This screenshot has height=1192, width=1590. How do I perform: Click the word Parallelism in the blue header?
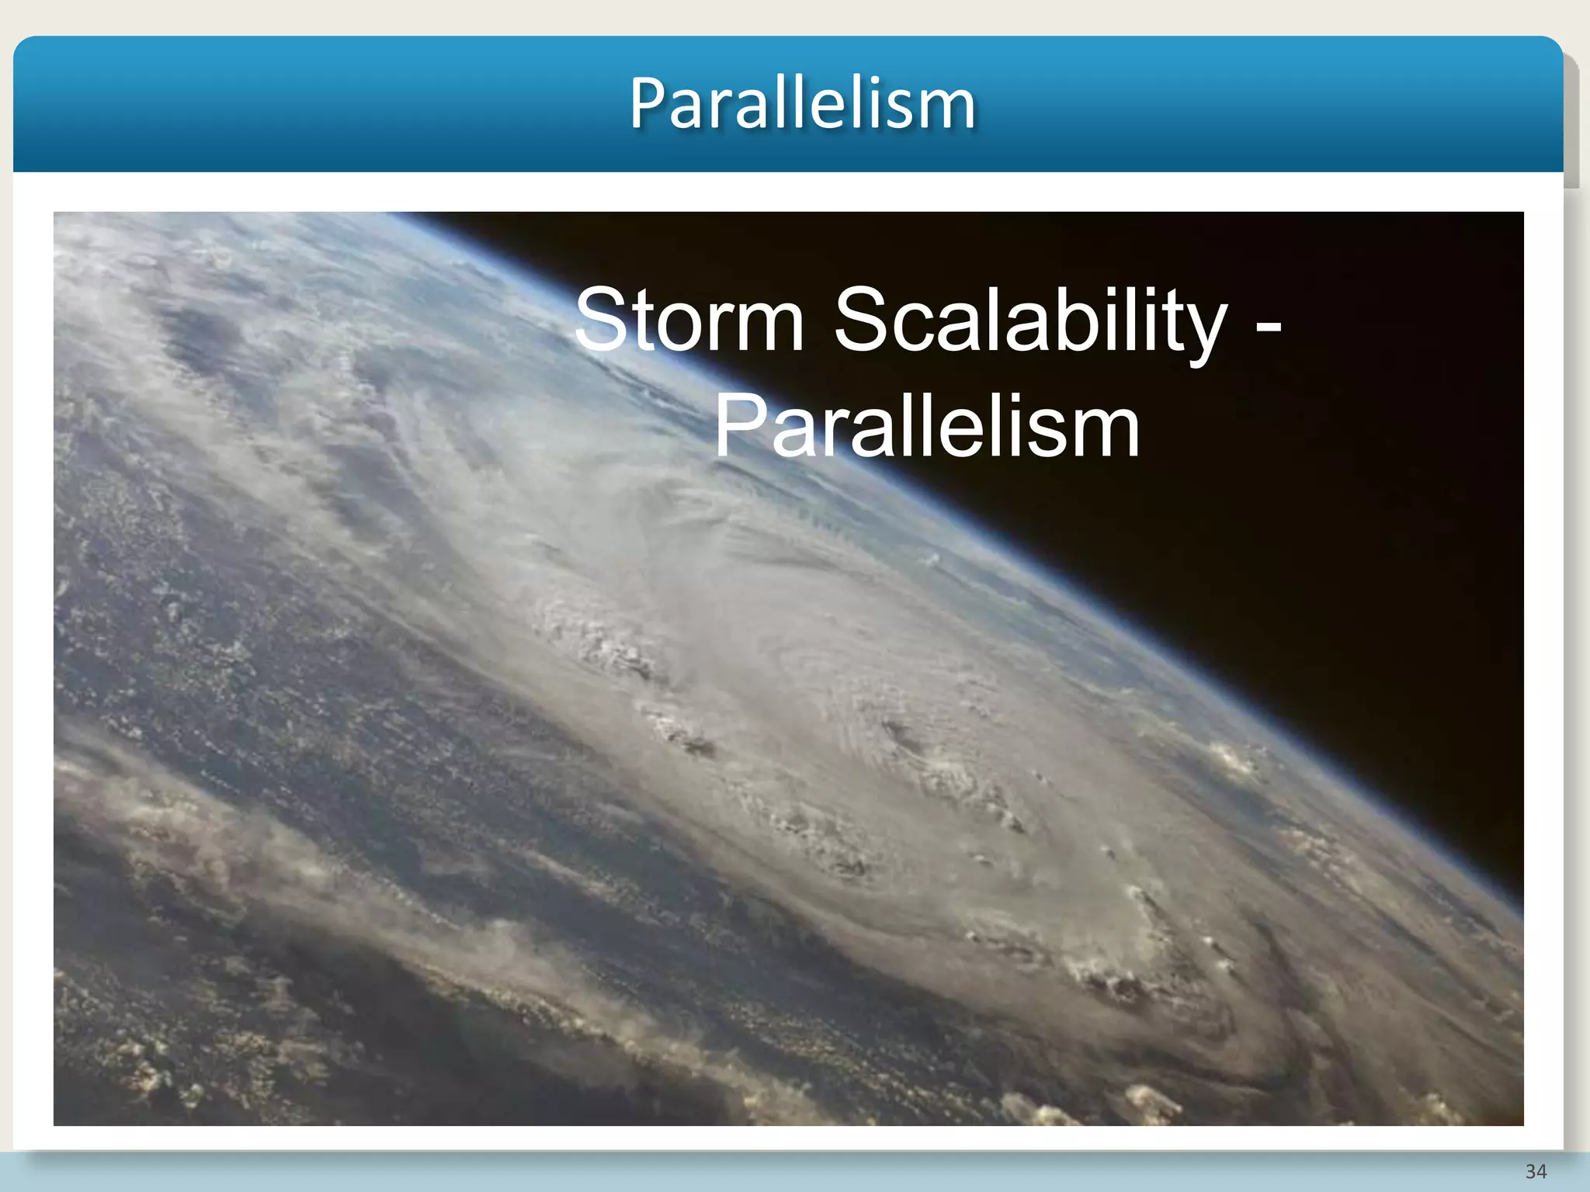tap(802, 104)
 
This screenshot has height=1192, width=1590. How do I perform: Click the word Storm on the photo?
tap(689, 320)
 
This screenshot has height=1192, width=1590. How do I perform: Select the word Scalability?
tap(1030, 320)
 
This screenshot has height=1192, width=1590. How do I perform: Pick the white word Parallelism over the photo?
tap(927, 427)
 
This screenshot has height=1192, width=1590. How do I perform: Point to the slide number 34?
tap(1536, 1171)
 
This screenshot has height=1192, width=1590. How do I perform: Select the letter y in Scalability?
tap(1203, 330)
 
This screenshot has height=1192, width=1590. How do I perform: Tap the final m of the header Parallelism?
tap(949, 109)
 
